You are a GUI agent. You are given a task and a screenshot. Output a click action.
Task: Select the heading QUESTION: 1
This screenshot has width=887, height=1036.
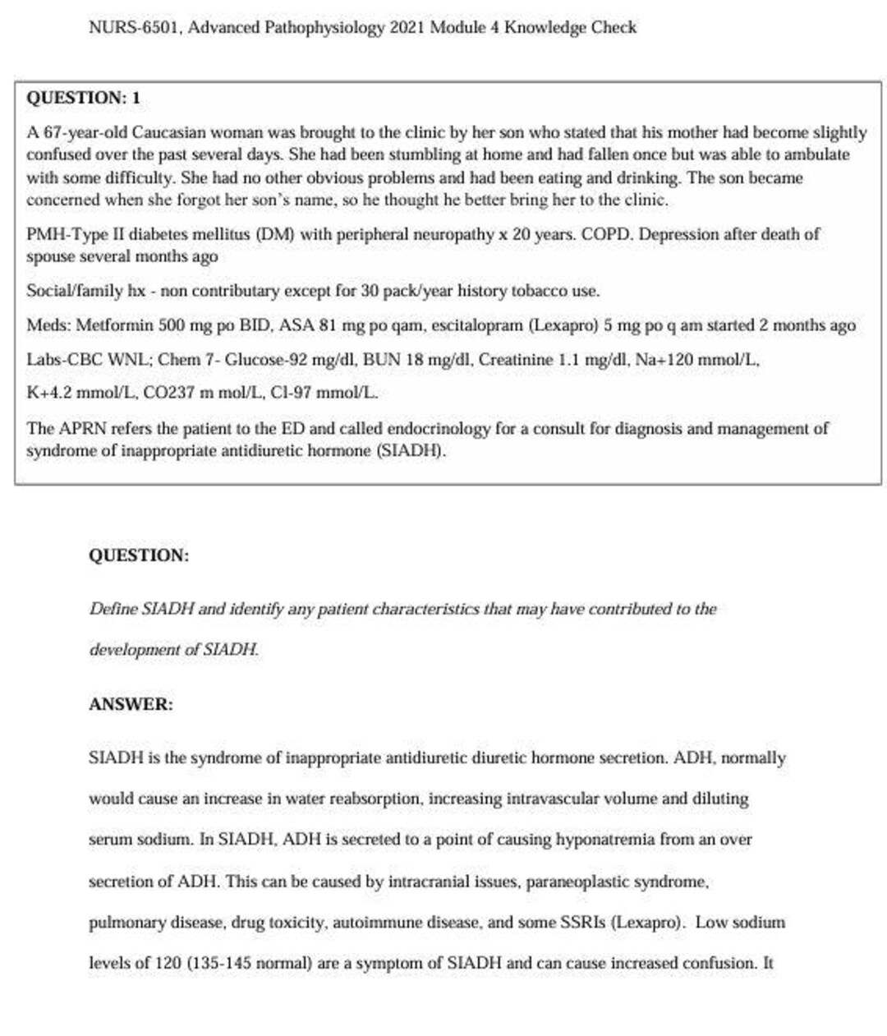pos(84,98)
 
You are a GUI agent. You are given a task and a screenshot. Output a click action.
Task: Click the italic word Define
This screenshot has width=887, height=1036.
pos(113,610)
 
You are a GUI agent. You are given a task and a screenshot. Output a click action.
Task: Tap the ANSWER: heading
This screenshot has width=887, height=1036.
pos(131,705)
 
